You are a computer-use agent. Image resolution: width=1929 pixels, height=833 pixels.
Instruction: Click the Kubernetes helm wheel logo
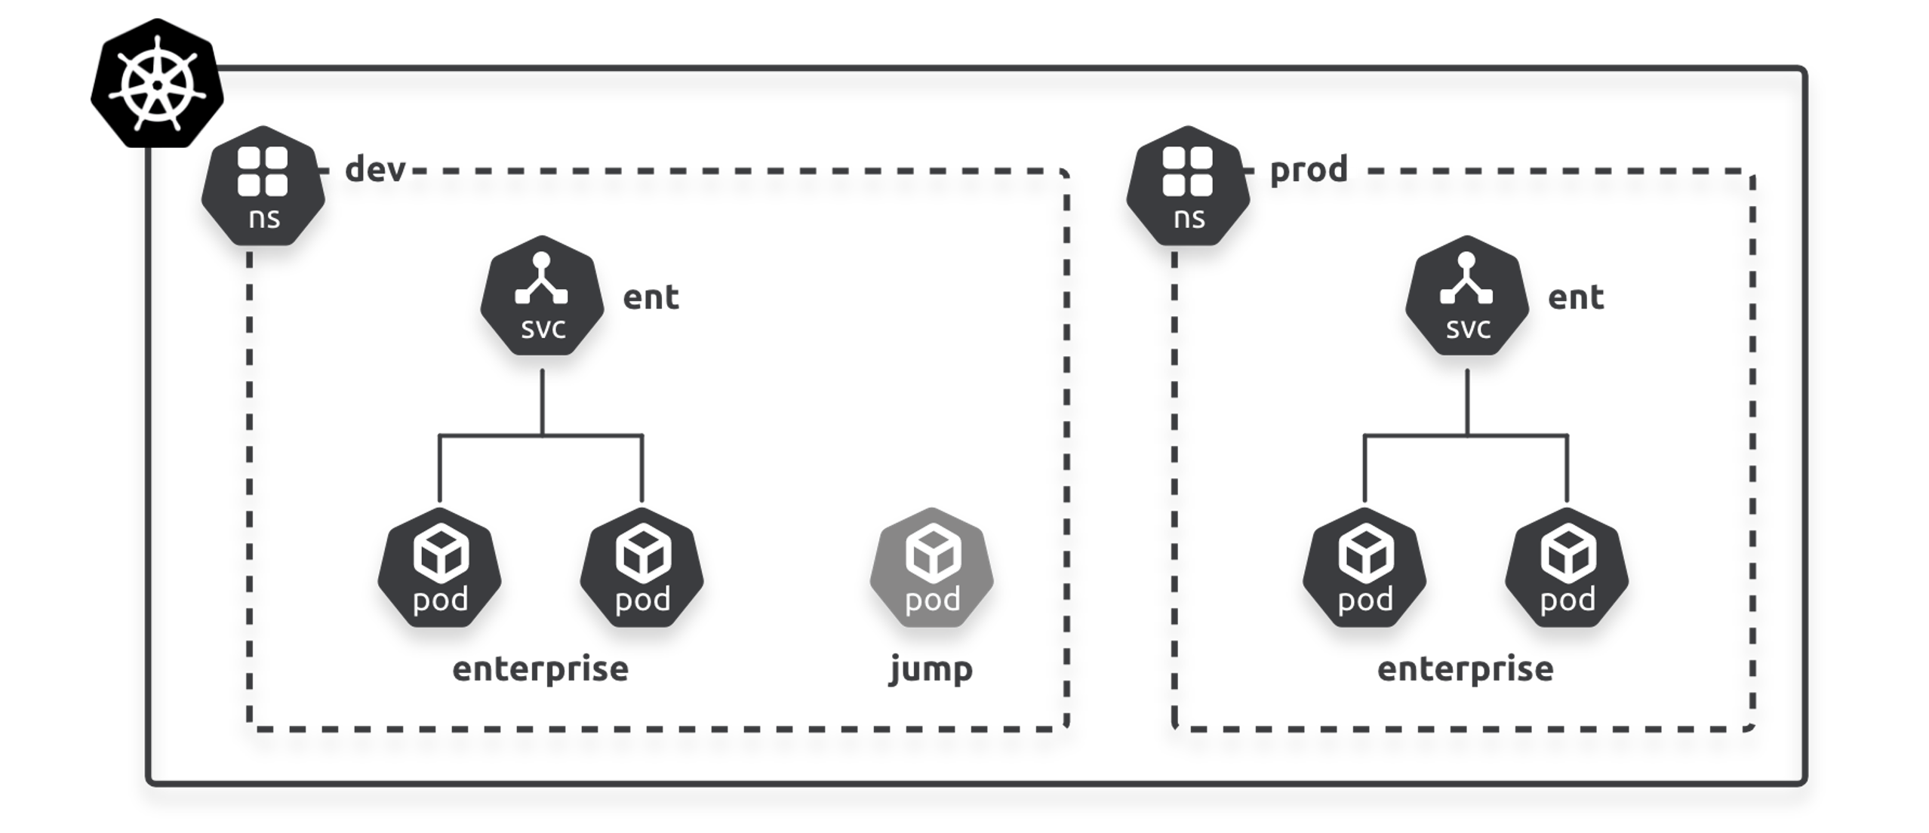click(x=157, y=84)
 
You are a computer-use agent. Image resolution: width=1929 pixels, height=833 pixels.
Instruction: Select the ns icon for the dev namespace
click(x=263, y=186)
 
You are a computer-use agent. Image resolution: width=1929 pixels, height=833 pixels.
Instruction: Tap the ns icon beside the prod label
click(x=1187, y=186)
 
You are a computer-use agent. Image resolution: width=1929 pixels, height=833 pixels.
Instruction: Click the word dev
click(x=375, y=170)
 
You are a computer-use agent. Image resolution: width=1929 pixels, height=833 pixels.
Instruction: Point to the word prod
click(x=1308, y=170)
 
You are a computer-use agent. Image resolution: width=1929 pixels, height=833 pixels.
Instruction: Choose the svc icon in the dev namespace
click(x=542, y=297)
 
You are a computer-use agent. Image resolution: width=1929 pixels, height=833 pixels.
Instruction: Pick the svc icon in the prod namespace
click(x=1466, y=297)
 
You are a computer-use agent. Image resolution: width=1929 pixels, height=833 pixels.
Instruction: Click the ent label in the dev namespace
click(x=651, y=297)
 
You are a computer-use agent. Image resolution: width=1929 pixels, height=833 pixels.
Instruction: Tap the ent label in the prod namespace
click(x=1575, y=297)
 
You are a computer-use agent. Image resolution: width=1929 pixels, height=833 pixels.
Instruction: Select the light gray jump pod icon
click(x=931, y=568)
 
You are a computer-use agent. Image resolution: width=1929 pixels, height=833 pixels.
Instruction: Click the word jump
click(x=931, y=669)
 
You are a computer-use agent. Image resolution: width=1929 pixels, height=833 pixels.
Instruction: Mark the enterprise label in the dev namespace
click(x=540, y=669)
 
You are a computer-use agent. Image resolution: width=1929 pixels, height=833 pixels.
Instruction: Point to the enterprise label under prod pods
click(x=1465, y=669)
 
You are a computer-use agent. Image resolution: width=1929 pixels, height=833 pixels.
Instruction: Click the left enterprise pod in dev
click(x=440, y=568)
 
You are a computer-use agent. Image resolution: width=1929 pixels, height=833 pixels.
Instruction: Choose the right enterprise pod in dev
click(x=642, y=568)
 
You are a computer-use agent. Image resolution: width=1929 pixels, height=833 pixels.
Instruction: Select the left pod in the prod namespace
click(x=1364, y=568)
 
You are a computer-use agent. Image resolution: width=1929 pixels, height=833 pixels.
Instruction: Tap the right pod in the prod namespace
click(x=1567, y=568)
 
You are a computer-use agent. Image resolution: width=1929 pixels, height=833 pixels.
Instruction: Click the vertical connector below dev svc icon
click(x=542, y=401)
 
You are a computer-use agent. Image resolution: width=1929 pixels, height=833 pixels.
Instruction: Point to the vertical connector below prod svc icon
click(x=1467, y=401)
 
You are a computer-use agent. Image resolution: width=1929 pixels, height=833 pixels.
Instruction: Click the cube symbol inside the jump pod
click(x=933, y=553)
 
